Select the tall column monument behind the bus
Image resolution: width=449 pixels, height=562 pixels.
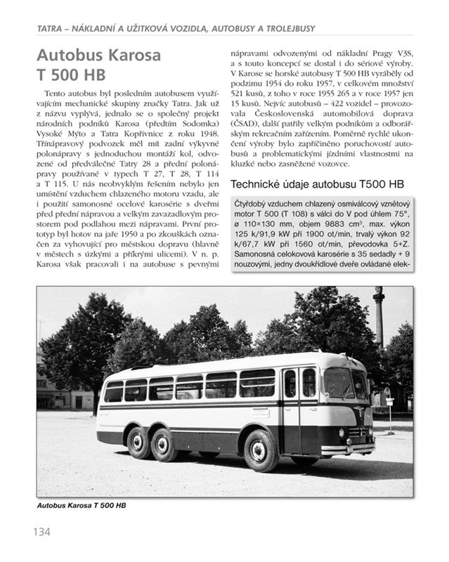[379, 330]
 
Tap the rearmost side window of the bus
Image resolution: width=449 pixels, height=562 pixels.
[113, 391]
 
